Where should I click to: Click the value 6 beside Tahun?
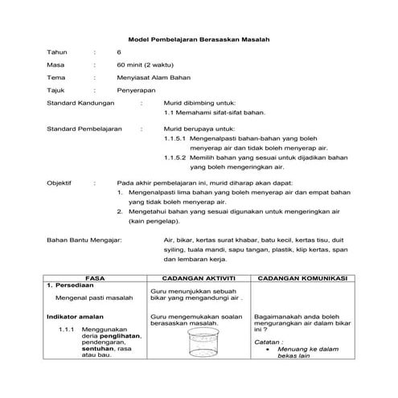118,52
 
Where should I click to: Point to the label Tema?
56,78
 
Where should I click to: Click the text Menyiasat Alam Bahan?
150,78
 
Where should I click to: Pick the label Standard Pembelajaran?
83,129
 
